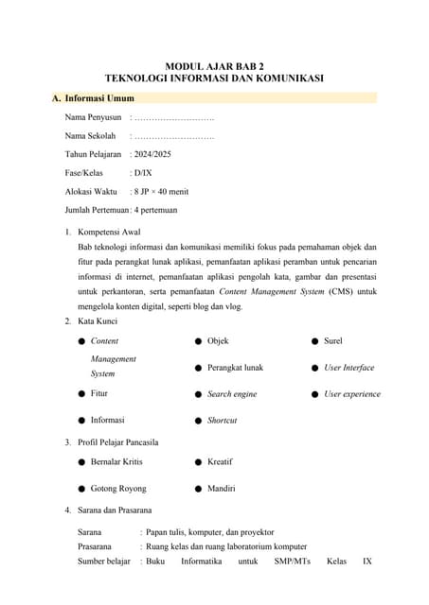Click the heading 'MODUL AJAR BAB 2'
213,66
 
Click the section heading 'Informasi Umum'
99,97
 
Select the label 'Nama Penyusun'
93,117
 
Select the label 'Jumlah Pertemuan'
96,210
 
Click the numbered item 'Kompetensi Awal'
110,231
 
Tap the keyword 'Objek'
218,340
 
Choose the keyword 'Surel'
333,340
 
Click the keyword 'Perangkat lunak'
235,367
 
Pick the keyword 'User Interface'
349,367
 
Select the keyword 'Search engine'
232,393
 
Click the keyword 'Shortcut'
223,420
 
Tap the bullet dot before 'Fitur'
82,393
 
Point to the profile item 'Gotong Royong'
118,489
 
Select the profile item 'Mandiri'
222,489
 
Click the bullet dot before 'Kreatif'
198,461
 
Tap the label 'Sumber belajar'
103,562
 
